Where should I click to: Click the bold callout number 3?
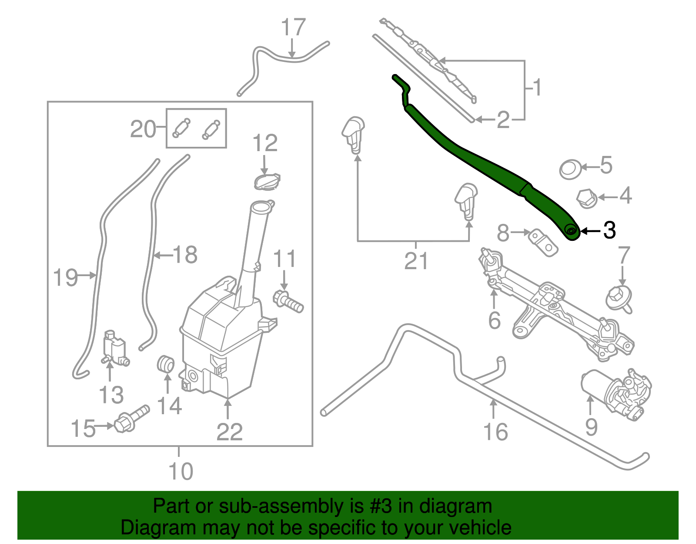[x=609, y=230]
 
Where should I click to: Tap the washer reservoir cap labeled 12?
[x=267, y=181]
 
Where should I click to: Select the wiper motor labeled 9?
[x=616, y=394]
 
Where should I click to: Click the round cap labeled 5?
[x=570, y=169]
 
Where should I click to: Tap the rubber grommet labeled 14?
[x=166, y=364]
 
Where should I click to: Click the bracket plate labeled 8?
[x=543, y=243]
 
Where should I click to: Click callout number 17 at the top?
[x=293, y=27]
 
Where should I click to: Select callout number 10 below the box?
[x=181, y=471]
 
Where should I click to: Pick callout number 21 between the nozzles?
[x=416, y=261]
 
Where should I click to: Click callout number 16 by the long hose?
[x=495, y=432]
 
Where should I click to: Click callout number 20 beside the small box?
[x=143, y=129]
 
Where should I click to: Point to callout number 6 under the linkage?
[x=495, y=321]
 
